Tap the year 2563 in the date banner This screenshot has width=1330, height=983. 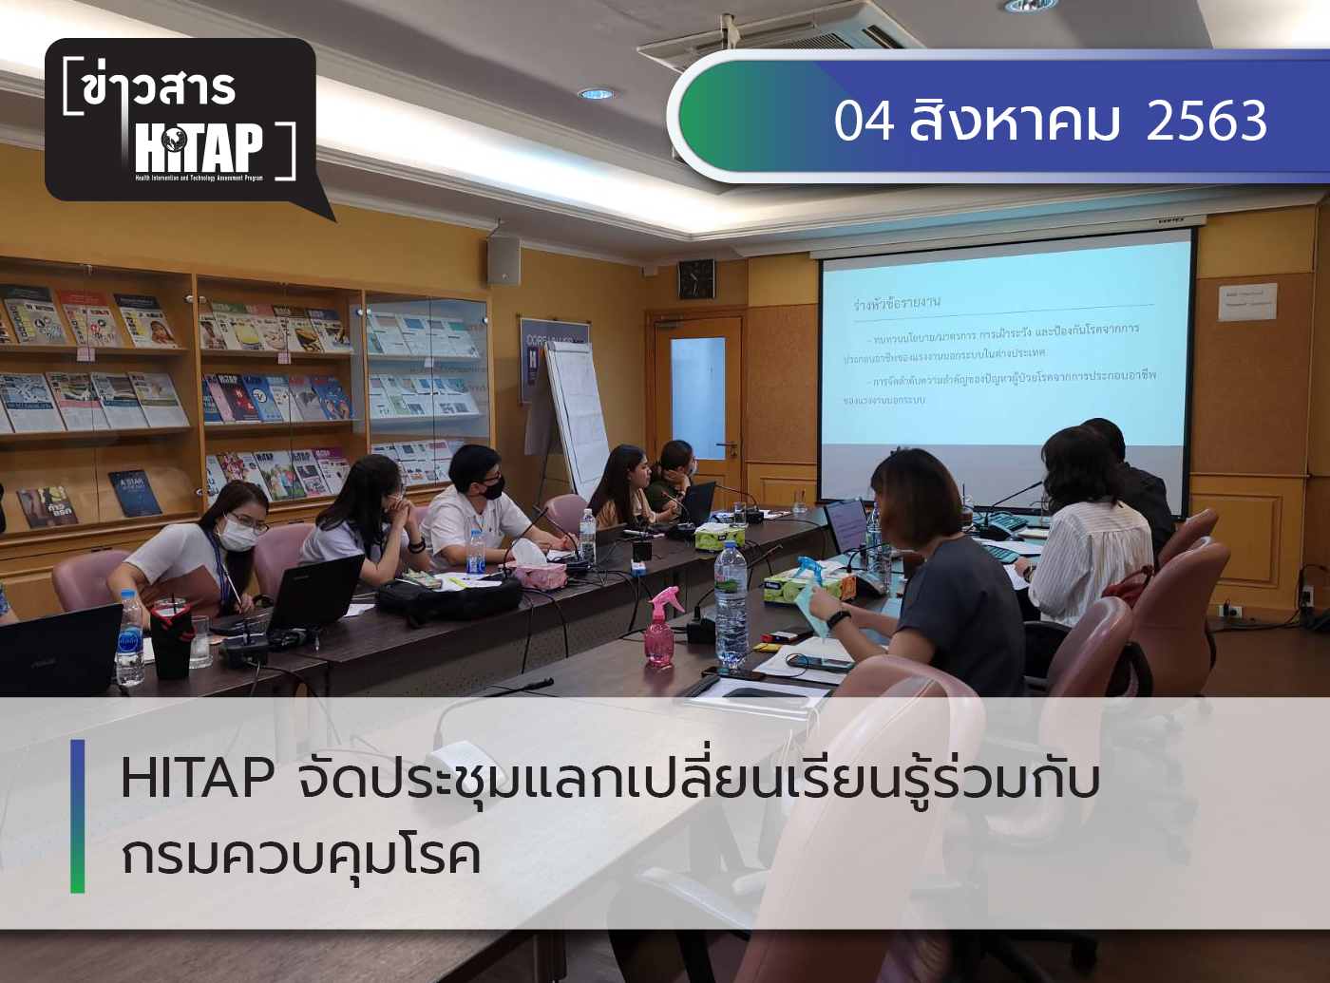tap(1206, 121)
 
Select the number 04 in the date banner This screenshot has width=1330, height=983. tap(864, 122)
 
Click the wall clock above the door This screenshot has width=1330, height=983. tap(696, 278)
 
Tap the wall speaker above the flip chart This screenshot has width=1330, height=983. tap(503, 260)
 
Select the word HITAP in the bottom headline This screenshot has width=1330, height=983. tap(198, 779)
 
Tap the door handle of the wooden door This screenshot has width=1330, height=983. tap(729, 444)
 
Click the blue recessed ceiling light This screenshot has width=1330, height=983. tap(597, 94)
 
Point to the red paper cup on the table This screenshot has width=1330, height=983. tap(172, 641)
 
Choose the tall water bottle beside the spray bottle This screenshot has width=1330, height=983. tap(731, 602)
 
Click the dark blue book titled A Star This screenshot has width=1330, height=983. tap(135, 492)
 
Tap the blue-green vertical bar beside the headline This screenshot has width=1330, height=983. tap(78, 816)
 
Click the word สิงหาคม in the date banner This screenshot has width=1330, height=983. tap(1015, 122)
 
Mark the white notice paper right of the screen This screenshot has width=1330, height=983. tap(1247, 301)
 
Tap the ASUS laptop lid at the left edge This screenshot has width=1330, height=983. tap(57, 651)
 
